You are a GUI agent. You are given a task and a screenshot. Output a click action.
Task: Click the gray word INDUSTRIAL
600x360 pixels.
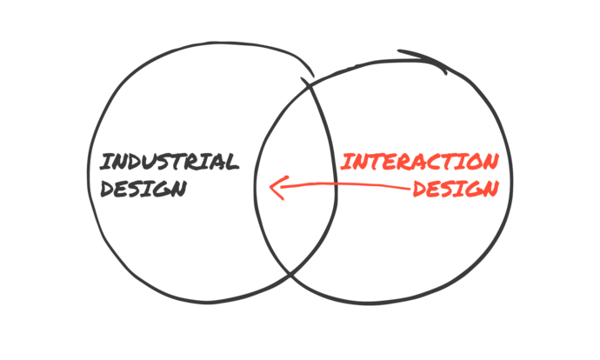coord(168,162)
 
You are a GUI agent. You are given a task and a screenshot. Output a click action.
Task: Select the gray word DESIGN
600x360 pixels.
coord(143,188)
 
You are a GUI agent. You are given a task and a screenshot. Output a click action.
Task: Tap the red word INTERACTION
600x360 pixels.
coord(419,162)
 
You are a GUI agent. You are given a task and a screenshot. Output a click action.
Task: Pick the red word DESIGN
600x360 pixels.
coord(455,188)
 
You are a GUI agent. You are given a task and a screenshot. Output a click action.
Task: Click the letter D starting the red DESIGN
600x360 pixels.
coord(418,189)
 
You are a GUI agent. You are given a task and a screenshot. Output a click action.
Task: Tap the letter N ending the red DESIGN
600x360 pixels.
coord(491,187)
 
